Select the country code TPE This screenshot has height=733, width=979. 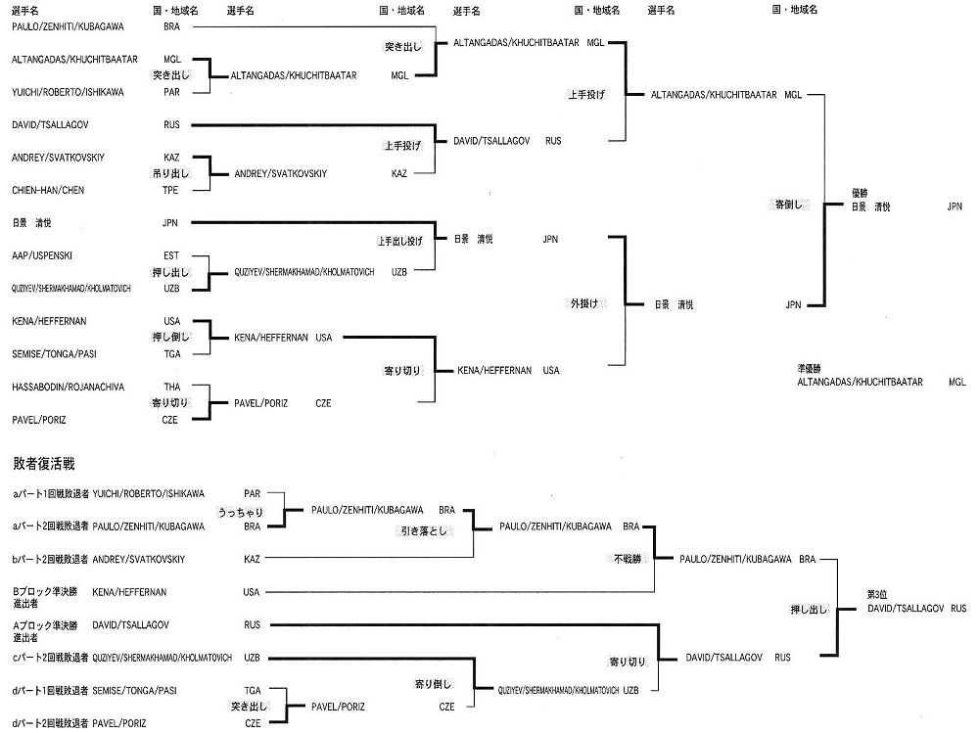[171, 190]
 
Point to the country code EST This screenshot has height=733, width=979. [171, 255]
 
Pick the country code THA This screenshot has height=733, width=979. [171, 387]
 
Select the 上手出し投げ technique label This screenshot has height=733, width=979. [399, 240]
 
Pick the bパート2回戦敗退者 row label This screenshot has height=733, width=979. [50, 559]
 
